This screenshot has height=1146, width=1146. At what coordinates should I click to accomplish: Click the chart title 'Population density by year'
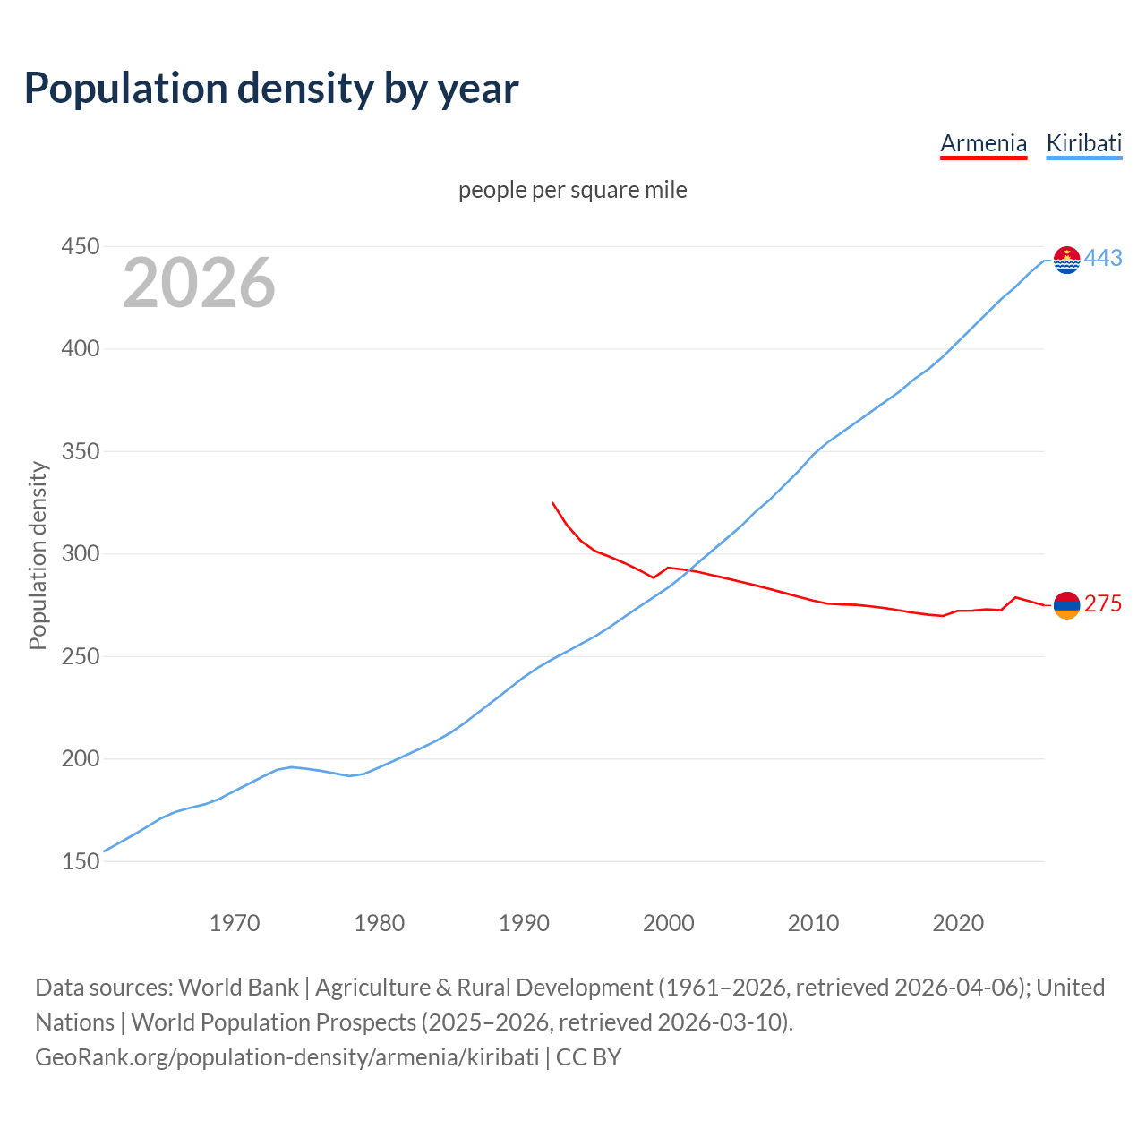pos(271,89)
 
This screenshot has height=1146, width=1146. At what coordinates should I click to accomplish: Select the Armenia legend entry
pos(983,143)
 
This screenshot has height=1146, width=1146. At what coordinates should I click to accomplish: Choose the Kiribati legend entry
pos(1083,143)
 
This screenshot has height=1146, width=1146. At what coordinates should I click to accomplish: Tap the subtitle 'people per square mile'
pos(572,190)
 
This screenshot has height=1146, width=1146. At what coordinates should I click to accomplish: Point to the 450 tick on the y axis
pos(80,246)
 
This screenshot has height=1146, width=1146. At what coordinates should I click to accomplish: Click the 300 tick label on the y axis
pos(80,553)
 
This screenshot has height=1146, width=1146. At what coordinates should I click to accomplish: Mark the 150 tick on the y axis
pos(80,861)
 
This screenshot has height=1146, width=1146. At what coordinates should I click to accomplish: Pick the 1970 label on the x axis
pos(235,922)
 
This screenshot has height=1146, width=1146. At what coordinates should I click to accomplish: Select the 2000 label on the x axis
pos(669,922)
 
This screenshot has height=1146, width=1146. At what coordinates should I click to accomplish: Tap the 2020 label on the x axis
pos(958,922)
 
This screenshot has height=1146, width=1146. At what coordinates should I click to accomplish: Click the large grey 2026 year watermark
pos(199,283)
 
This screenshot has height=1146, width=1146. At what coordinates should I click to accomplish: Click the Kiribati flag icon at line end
pos(1066,260)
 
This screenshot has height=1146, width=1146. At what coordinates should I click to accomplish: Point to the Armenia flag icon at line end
pos(1066,605)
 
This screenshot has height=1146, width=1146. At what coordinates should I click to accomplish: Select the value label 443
pos(1103,259)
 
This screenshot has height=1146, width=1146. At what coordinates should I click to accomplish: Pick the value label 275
pos(1103,604)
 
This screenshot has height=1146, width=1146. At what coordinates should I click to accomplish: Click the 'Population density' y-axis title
pos(38,555)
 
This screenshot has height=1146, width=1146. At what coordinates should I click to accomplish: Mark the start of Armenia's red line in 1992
pos(552,503)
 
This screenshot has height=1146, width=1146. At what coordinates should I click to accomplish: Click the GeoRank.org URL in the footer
pos(286,1057)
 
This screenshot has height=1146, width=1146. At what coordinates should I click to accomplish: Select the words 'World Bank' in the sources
pos(238,988)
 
